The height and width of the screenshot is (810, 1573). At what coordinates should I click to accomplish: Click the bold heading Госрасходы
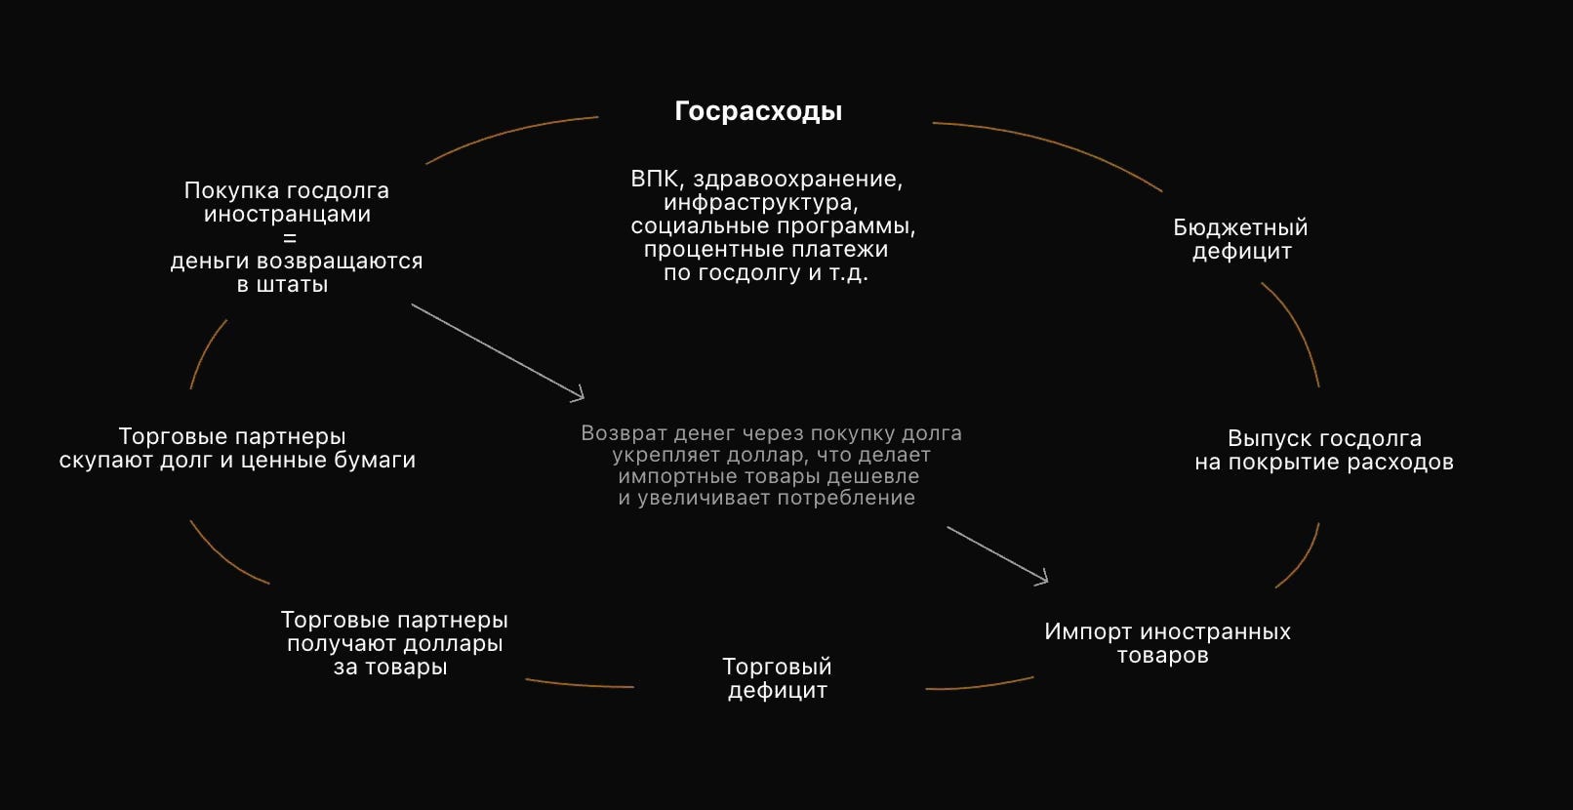758,111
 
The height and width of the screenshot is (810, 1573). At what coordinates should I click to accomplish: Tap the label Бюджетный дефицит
1240,239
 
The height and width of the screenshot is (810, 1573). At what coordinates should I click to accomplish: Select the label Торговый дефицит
777,678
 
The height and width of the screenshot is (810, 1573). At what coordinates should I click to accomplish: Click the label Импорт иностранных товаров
1167,643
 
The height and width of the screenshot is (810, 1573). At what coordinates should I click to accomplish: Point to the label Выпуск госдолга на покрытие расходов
1324,450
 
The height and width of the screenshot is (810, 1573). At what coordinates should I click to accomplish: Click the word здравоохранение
797,179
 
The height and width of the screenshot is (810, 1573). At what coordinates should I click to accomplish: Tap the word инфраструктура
759,203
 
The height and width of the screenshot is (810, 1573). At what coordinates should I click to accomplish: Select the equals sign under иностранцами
289,238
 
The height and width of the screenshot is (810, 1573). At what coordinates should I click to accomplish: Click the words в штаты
283,285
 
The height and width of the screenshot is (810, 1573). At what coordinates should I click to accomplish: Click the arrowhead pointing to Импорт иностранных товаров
1042,579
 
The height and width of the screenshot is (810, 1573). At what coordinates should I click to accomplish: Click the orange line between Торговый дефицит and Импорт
980,686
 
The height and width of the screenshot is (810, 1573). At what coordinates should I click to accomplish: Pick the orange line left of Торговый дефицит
580,685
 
